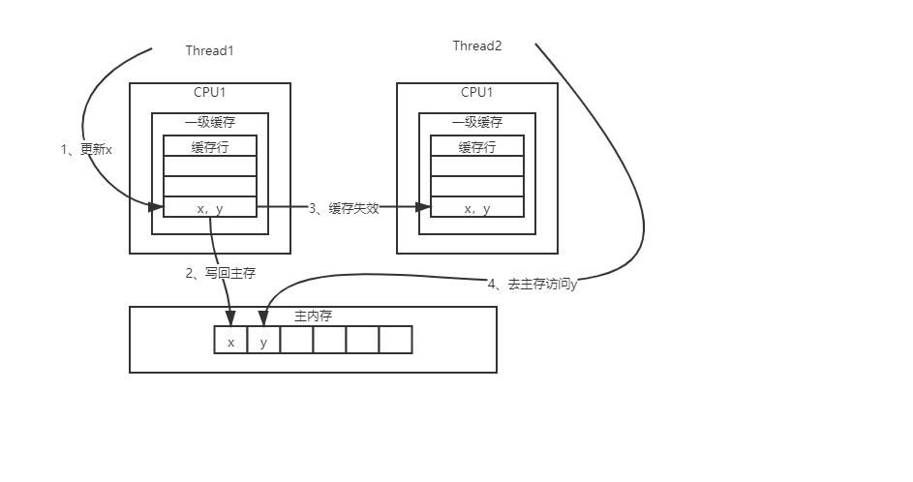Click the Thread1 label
point(209,50)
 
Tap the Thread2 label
point(477,46)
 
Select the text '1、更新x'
point(86,149)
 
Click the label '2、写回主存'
point(221,273)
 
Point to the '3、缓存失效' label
point(344,207)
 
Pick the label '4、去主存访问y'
point(533,284)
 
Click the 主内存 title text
point(313,316)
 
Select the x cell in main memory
point(230,341)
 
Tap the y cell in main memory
point(263,341)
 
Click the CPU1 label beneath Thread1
point(210,93)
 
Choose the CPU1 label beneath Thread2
point(476,93)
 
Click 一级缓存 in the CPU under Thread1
point(210,123)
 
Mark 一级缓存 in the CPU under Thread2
point(477,123)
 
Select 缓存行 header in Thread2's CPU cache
point(477,147)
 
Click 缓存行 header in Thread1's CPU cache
point(210,147)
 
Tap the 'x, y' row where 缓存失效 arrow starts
point(210,208)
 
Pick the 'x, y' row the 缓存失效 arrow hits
point(477,208)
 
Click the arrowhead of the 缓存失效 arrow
point(424,206)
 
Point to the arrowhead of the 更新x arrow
point(157,206)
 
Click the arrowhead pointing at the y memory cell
point(262,320)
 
